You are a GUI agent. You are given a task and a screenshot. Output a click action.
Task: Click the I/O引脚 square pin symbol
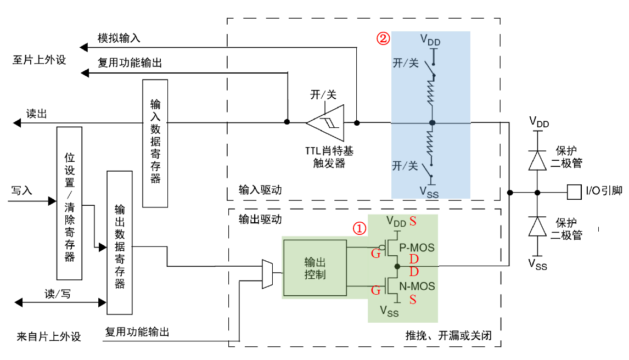coord(574,192)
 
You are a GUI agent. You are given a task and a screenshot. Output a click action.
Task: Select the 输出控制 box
coord(314,267)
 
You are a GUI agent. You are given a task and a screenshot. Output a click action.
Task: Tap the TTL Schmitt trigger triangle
coord(328,122)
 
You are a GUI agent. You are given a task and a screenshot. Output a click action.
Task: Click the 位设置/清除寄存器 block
coord(69,203)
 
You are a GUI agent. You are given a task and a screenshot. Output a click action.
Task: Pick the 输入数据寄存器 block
coord(155,143)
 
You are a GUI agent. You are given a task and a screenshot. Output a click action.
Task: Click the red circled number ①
coord(358,228)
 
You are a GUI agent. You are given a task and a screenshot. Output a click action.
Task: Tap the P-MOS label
coord(417,248)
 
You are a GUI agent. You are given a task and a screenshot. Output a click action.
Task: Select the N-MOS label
coord(417,286)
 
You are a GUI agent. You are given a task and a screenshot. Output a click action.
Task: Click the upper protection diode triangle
coord(538,160)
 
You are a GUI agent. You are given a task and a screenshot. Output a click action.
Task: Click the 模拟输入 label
coord(119,38)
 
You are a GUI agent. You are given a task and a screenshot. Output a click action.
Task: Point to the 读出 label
coord(37,114)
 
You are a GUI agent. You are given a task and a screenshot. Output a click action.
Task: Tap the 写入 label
coord(22,190)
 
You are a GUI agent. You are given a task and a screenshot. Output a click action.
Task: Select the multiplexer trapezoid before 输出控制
coord(267,273)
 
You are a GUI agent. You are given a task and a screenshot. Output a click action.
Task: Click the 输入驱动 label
coord(260,190)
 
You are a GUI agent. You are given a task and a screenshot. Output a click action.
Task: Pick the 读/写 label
coord(58,294)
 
